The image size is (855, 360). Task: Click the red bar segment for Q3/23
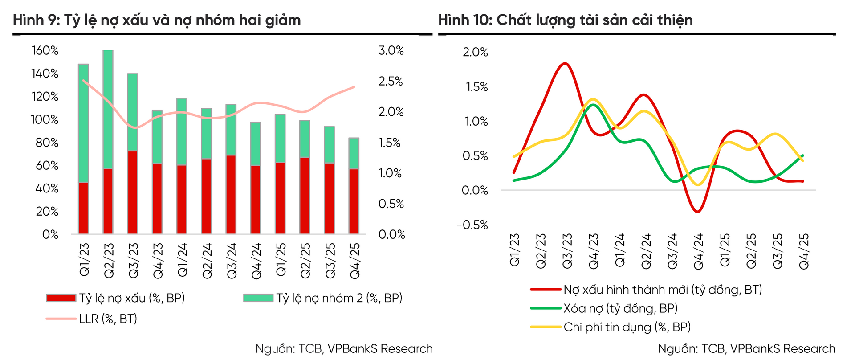(x=132, y=192)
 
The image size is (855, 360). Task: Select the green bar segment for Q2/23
(x=108, y=110)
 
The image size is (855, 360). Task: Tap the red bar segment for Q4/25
(x=354, y=201)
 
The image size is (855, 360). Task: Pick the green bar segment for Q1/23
(x=83, y=123)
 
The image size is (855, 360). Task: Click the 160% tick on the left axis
(x=45, y=51)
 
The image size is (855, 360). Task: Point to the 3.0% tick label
(x=391, y=51)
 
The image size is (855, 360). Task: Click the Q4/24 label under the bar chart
(x=256, y=262)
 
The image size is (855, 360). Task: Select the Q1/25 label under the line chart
(x=725, y=250)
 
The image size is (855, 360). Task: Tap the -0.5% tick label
(x=472, y=225)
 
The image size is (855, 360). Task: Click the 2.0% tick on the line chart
(x=475, y=53)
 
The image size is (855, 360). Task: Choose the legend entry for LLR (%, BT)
(x=108, y=319)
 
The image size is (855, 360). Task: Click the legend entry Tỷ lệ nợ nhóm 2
(x=339, y=298)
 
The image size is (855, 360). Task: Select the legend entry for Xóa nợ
(x=620, y=308)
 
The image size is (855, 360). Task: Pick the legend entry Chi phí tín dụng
(x=627, y=327)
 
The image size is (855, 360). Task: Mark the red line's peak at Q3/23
(x=565, y=63)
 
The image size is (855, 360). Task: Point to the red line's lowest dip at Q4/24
(x=697, y=212)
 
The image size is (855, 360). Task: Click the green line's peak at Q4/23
(x=593, y=105)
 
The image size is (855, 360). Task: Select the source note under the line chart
(x=746, y=349)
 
